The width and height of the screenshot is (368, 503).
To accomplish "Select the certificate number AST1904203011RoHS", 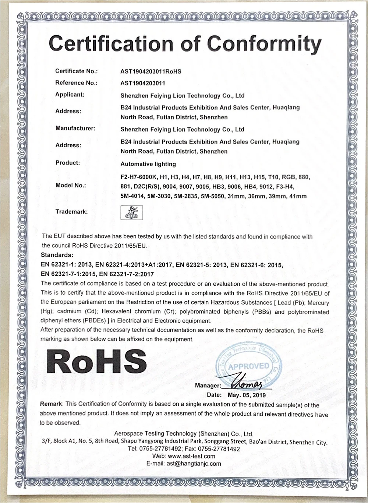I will pyautogui.click(x=151, y=71).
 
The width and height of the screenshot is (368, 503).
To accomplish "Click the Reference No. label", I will pyautogui.click(x=76, y=83).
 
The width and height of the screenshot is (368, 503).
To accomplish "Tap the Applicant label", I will pyautogui.click(x=70, y=95).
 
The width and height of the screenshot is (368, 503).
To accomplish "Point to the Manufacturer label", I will pyautogui.click(x=75, y=129).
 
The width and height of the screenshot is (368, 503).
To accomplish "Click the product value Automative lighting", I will pyautogui.click(x=148, y=164).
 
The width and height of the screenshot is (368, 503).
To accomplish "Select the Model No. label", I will pyautogui.click(x=71, y=185).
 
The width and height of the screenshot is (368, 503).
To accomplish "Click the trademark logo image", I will pyautogui.click(x=131, y=212).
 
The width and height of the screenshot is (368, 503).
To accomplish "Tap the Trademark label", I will pyautogui.click(x=71, y=212).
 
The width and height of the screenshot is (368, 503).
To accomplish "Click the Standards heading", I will pyautogui.click(x=57, y=255).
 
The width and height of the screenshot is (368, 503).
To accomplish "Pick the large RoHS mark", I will pyautogui.click(x=96, y=361).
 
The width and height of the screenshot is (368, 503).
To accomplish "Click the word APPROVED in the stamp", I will pyautogui.click(x=249, y=366).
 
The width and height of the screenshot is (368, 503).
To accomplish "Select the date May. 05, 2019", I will pyautogui.click(x=247, y=395).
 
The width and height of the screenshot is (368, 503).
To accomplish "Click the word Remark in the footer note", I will pyautogui.click(x=51, y=404).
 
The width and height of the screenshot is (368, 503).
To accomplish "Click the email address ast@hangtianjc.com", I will pyautogui.click(x=194, y=464).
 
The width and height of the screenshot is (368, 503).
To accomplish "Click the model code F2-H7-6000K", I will pyautogui.click(x=139, y=177).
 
